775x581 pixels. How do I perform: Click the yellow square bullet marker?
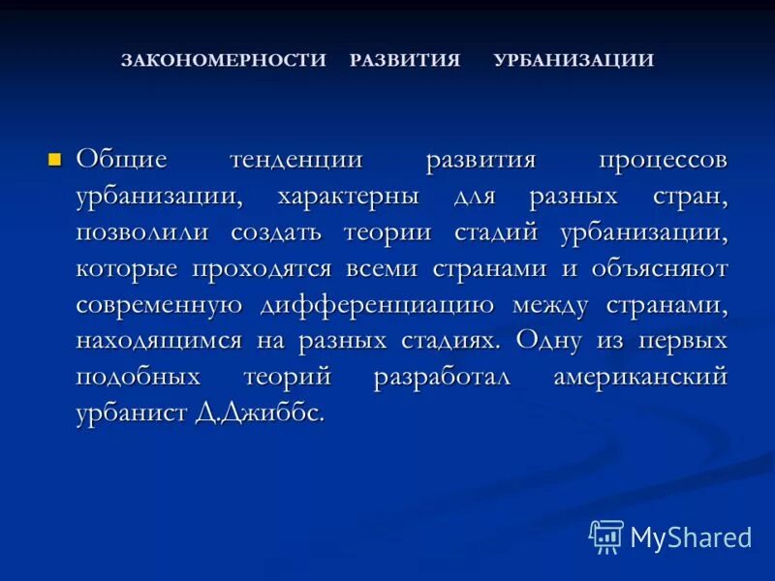55,158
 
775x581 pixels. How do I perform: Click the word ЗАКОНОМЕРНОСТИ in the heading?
224,60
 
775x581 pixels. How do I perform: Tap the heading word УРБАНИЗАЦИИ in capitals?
573,60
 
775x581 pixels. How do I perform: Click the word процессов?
662,160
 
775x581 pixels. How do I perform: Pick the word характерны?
349,196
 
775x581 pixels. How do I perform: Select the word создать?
288,232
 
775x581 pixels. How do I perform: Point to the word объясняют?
659,268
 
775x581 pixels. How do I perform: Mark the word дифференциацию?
378,305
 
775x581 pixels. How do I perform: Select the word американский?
640,378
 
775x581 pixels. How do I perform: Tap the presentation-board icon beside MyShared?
606,535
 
